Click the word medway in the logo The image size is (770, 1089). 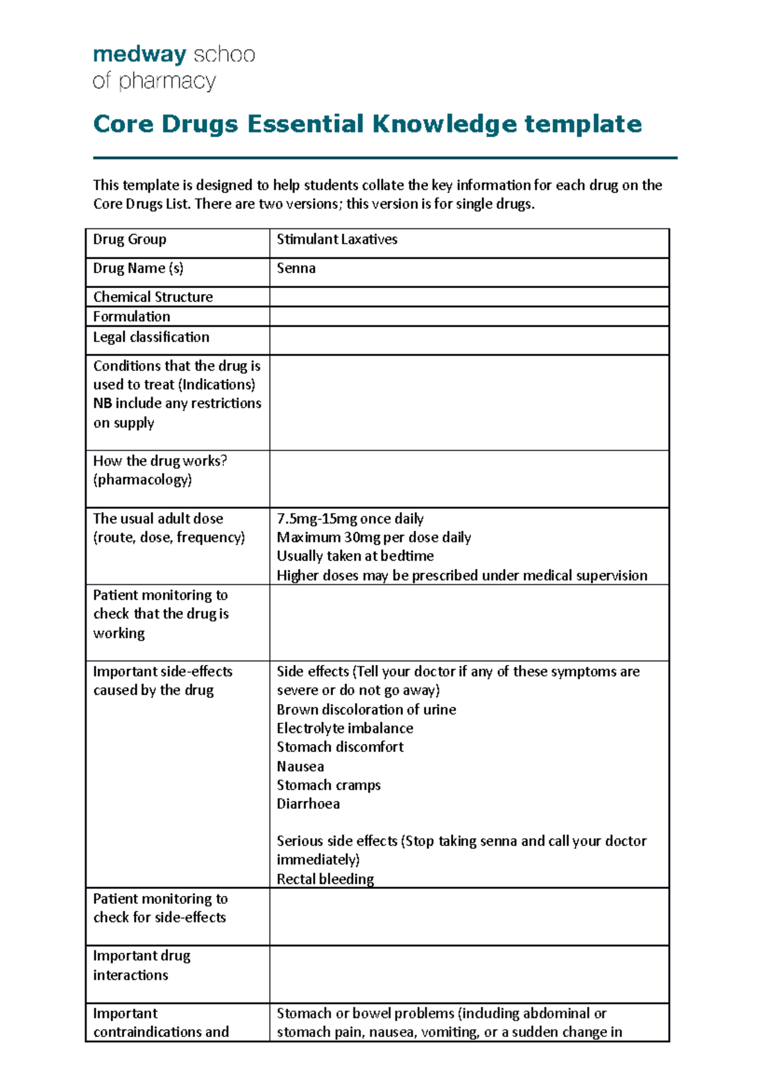coord(139,55)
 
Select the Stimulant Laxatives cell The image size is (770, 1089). coord(337,240)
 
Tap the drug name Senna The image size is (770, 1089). coord(296,269)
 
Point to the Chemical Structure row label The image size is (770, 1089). coord(153,297)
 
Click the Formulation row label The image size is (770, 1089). coord(132,317)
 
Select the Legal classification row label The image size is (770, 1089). coord(151,337)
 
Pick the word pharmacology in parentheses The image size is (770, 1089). coord(142,480)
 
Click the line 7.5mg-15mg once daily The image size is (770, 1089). coord(350,519)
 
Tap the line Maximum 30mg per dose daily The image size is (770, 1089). coord(373,537)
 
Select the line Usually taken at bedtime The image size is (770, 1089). coord(355,556)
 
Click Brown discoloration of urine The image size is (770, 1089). coord(366,710)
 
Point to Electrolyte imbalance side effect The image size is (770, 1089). coord(345,729)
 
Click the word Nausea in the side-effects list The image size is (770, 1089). coord(300,767)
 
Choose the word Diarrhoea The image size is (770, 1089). coord(308,804)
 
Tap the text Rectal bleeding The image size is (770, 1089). coord(325,879)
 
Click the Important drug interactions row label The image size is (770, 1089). coord(142,965)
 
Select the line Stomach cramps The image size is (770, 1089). coord(329,786)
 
